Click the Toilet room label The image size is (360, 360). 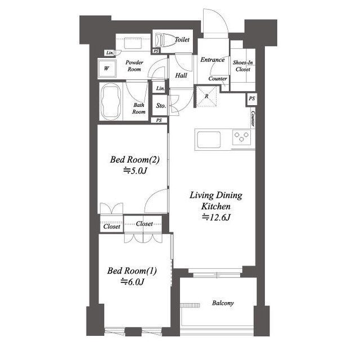182,39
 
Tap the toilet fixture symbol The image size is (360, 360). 164,40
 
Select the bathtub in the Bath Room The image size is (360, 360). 111,101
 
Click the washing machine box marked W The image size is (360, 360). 107,69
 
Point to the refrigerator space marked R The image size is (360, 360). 206,96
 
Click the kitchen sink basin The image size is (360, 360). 209,139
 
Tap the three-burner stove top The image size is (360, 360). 241,137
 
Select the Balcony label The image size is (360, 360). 223,303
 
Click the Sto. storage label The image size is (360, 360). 161,106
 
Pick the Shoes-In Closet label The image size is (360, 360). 243,66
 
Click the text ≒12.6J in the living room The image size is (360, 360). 216,217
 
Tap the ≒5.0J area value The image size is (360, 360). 135,171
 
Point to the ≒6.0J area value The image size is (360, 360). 133,281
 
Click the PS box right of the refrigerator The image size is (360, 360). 252,99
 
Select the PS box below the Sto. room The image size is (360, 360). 159,120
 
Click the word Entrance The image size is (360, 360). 213,60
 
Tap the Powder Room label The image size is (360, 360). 134,66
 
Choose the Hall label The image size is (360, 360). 181,75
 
